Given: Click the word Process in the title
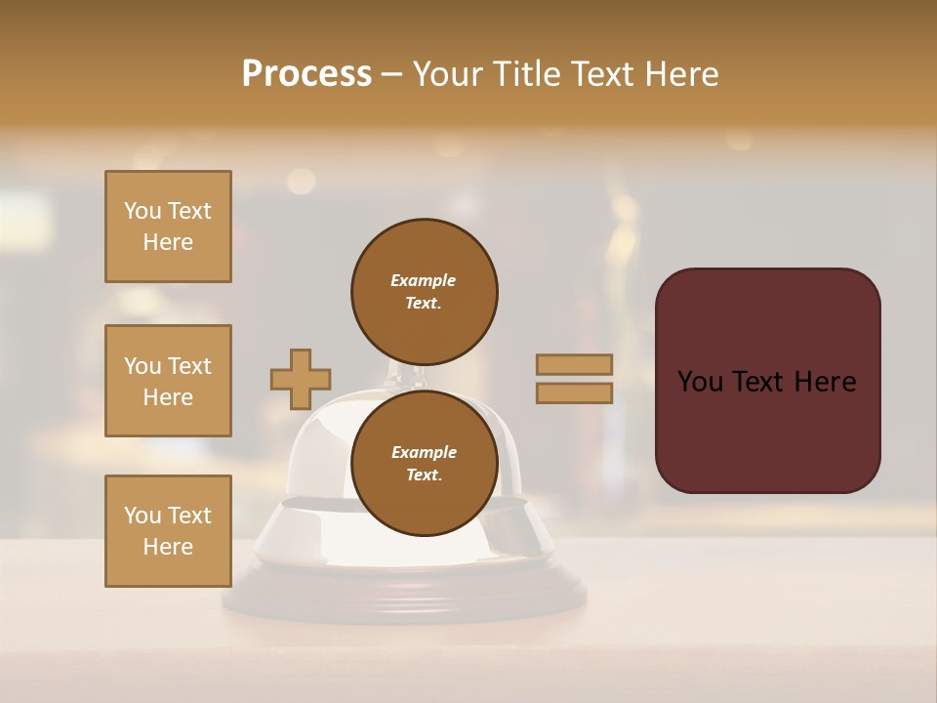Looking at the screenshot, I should (306, 74).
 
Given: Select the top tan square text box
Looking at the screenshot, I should (168, 227).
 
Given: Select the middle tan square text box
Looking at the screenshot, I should (168, 381).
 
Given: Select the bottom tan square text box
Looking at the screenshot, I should (168, 531).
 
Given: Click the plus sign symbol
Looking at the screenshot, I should (301, 379).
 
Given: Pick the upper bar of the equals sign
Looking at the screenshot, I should (574, 364).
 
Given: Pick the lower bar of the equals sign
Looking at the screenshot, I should (574, 393).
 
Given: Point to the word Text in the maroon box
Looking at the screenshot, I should (761, 382).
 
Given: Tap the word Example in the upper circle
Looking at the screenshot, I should (424, 280).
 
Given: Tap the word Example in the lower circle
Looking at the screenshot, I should (424, 452).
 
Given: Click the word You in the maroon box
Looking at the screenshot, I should (700, 382).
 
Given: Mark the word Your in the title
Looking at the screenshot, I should (449, 74).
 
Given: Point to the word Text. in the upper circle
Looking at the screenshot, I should (424, 303).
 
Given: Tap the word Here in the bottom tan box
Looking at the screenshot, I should (168, 547).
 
